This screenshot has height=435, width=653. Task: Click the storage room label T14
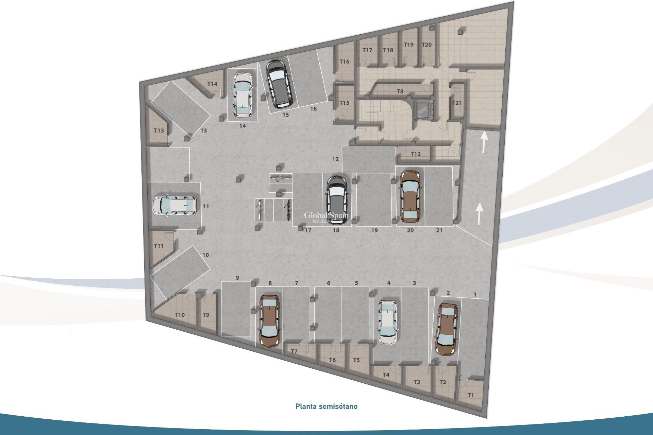click(x=212, y=84)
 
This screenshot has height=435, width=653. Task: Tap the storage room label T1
click(x=470, y=395)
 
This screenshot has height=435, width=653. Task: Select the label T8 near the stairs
click(x=400, y=91)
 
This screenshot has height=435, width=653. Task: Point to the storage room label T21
click(x=457, y=103)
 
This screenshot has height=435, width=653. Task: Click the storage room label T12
click(x=415, y=154)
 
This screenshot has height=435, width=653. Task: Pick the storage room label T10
click(x=180, y=315)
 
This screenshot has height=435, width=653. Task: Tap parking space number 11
click(x=206, y=206)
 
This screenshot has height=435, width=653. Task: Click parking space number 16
click(x=313, y=109)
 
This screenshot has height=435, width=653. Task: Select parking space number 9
click(x=237, y=278)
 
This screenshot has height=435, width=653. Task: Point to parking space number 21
click(x=439, y=230)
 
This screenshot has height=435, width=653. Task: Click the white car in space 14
click(x=242, y=94)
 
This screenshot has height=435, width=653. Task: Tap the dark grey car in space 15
click(x=278, y=83)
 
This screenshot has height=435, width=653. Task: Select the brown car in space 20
click(x=411, y=196)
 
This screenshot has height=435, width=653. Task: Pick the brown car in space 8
click(x=269, y=320)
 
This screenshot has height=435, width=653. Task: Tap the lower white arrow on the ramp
click(x=479, y=213)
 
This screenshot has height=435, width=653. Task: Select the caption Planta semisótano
click(x=326, y=406)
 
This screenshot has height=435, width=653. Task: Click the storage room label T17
click(x=367, y=50)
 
